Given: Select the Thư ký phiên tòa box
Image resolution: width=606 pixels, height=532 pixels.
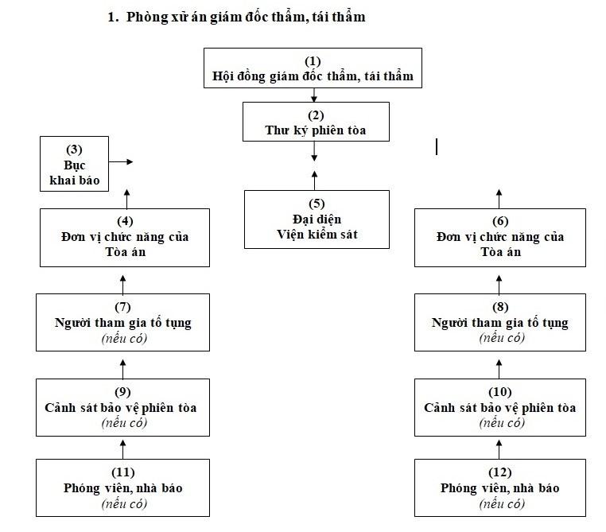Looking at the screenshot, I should coord(316,122).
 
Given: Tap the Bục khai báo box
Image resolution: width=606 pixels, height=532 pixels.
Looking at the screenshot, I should coord(74,163).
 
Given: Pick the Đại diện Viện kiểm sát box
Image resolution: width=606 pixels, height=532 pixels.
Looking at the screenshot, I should coord(317,219).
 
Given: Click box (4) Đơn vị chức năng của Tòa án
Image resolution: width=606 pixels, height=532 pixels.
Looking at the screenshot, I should coord(124,237).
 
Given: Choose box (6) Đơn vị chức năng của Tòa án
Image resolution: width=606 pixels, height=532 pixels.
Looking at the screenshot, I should coord(500,237).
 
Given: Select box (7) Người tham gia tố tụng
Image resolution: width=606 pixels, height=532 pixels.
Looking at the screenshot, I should coord(123,322).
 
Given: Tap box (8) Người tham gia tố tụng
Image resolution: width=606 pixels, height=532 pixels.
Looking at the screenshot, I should coord(500,322).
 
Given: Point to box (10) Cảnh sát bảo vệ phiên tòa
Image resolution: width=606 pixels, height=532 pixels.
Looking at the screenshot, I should coord(500,407).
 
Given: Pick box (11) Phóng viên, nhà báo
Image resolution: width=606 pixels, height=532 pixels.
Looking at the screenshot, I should coord(123,487).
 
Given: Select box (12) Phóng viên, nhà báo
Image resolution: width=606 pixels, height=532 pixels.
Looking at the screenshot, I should coord(500,487).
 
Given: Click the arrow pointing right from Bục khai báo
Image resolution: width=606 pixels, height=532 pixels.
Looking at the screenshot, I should coord(121,161).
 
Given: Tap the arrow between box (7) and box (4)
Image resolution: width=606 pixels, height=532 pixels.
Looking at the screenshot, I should coord(123,280).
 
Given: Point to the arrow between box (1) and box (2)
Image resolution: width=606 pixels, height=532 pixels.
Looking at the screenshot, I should coord(315,95).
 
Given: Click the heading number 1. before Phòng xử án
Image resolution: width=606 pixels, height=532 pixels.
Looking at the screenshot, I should coord(113,17).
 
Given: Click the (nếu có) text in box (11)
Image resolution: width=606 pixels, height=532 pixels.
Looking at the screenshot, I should coord(123,503).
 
